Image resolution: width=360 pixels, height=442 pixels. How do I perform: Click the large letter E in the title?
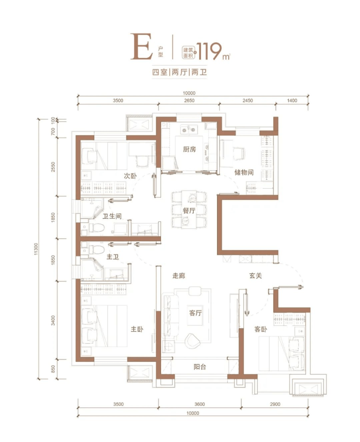pos(142,47)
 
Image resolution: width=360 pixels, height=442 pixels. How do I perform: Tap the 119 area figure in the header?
pos(209,52)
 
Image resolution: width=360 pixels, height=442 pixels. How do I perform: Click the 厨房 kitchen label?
pos(189,149)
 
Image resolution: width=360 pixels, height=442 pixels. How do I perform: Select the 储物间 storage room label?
pos(244,172)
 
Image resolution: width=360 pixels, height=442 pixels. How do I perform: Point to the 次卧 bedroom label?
pos(130,176)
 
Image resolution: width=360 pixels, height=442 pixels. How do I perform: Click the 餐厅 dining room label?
pos(189,210)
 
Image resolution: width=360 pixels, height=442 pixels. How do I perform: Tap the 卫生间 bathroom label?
pos(112,216)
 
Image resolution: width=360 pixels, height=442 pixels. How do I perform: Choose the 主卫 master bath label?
pos(112,257)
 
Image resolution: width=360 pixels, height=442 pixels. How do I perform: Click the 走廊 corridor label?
pos(179,275)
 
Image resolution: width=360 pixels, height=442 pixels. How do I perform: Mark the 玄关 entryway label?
pos(255,275)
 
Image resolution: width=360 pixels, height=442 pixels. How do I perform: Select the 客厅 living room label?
pos(196,313)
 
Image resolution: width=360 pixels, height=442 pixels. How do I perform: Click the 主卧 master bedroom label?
pos(137,329)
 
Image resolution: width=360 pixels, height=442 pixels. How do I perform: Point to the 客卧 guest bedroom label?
pos(261,329)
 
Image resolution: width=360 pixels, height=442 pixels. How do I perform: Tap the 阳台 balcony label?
pos(200,367)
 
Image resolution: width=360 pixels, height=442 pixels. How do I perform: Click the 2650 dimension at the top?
pos(189,101)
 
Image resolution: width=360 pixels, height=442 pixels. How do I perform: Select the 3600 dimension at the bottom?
pos(199,404)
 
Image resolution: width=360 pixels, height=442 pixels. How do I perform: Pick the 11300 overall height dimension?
pos(36,249)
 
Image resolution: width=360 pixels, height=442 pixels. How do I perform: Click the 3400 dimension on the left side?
pos(54,320)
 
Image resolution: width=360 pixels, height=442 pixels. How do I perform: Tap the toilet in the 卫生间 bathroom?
pos(95,227)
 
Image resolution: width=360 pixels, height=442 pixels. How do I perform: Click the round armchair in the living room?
pos(193,340)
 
